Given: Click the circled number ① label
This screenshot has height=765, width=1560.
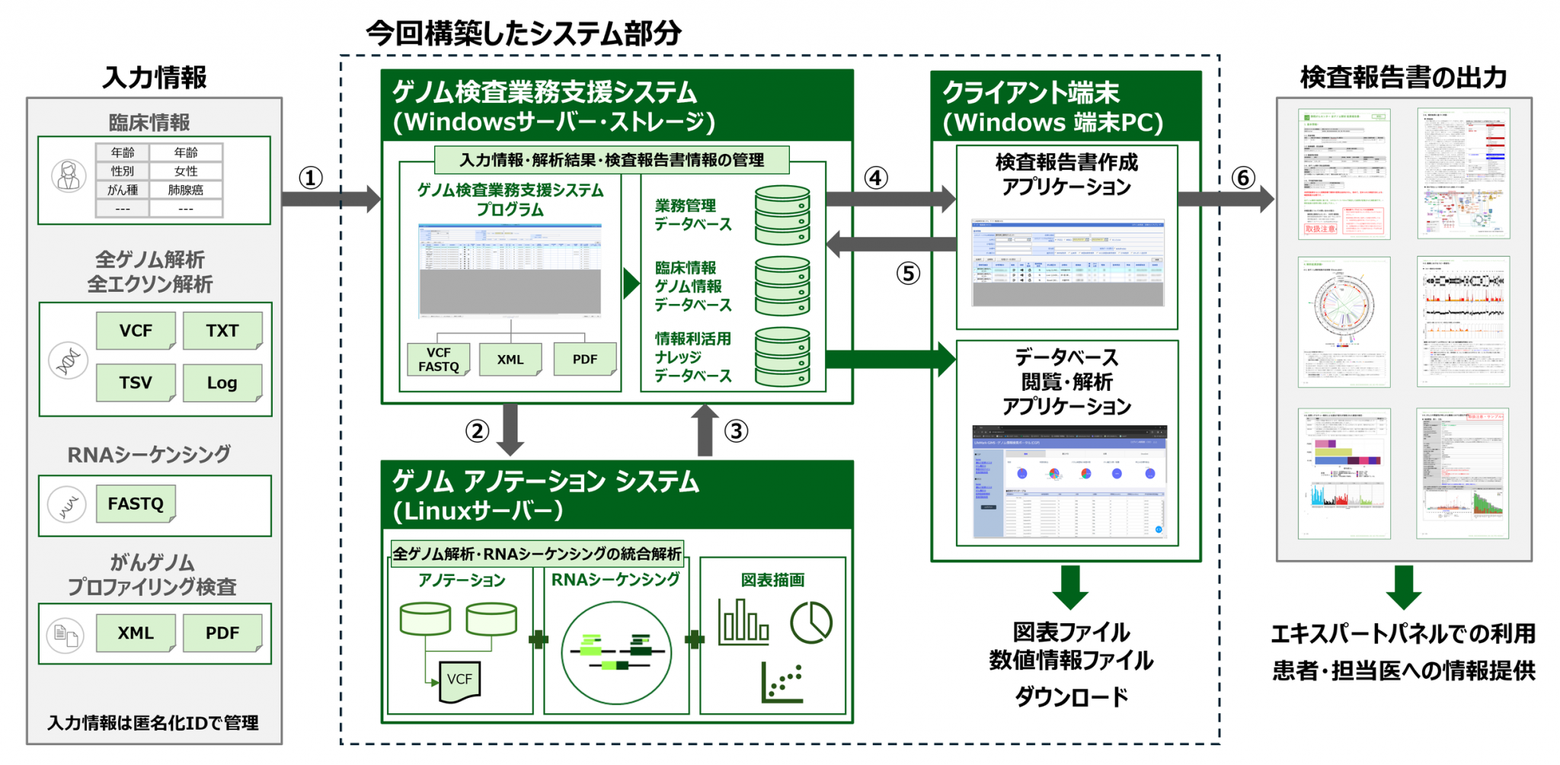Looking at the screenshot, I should (x=310, y=178).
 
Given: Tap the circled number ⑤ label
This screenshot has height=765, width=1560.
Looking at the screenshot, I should (x=907, y=273).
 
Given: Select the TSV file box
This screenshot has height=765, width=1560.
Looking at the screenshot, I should (x=136, y=382).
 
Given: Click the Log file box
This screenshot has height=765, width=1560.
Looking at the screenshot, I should (x=222, y=382).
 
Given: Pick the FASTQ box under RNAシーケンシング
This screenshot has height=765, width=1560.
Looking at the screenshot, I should (x=136, y=504).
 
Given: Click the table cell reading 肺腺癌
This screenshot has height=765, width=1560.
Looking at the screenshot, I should (x=186, y=190).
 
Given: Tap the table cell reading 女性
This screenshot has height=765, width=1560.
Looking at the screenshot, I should (x=186, y=171).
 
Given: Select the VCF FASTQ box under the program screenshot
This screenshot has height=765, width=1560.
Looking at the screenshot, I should (x=438, y=360).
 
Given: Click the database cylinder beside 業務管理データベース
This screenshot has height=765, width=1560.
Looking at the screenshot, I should (x=782, y=215).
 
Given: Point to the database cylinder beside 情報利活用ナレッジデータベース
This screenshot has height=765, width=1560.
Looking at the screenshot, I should (x=782, y=357).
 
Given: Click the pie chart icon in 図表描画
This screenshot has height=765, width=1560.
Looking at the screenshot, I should (x=810, y=623).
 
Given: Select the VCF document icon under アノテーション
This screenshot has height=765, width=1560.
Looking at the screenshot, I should (x=459, y=680).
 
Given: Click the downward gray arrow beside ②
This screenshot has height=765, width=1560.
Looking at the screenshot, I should (x=510, y=430).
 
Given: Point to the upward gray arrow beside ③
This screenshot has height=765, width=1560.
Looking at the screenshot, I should (x=705, y=430).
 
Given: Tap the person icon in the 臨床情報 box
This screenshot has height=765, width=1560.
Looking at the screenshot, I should (x=69, y=176).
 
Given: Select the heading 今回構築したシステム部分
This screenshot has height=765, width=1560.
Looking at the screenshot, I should (x=523, y=34).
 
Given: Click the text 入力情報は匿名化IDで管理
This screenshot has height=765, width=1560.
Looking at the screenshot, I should (x=153, y=722).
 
